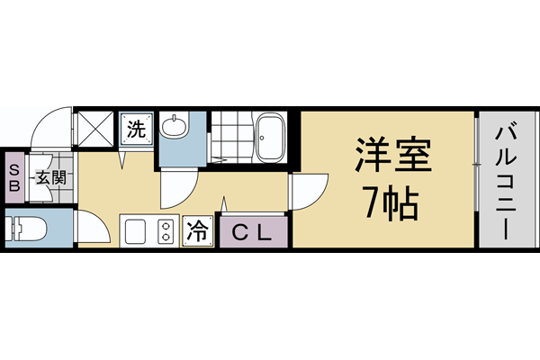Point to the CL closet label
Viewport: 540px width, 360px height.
[x=252, y=232]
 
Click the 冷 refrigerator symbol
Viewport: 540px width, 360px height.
[x=198, y=231]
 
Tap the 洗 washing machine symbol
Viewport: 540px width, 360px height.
[x=136, y=128]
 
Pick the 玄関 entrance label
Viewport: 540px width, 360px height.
[x=50, y=177]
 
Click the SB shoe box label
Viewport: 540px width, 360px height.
[x=15, y=176]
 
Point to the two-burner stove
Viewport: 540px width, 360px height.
[x=166, y=231]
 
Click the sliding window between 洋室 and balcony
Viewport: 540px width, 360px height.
[x=475, y=180]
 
